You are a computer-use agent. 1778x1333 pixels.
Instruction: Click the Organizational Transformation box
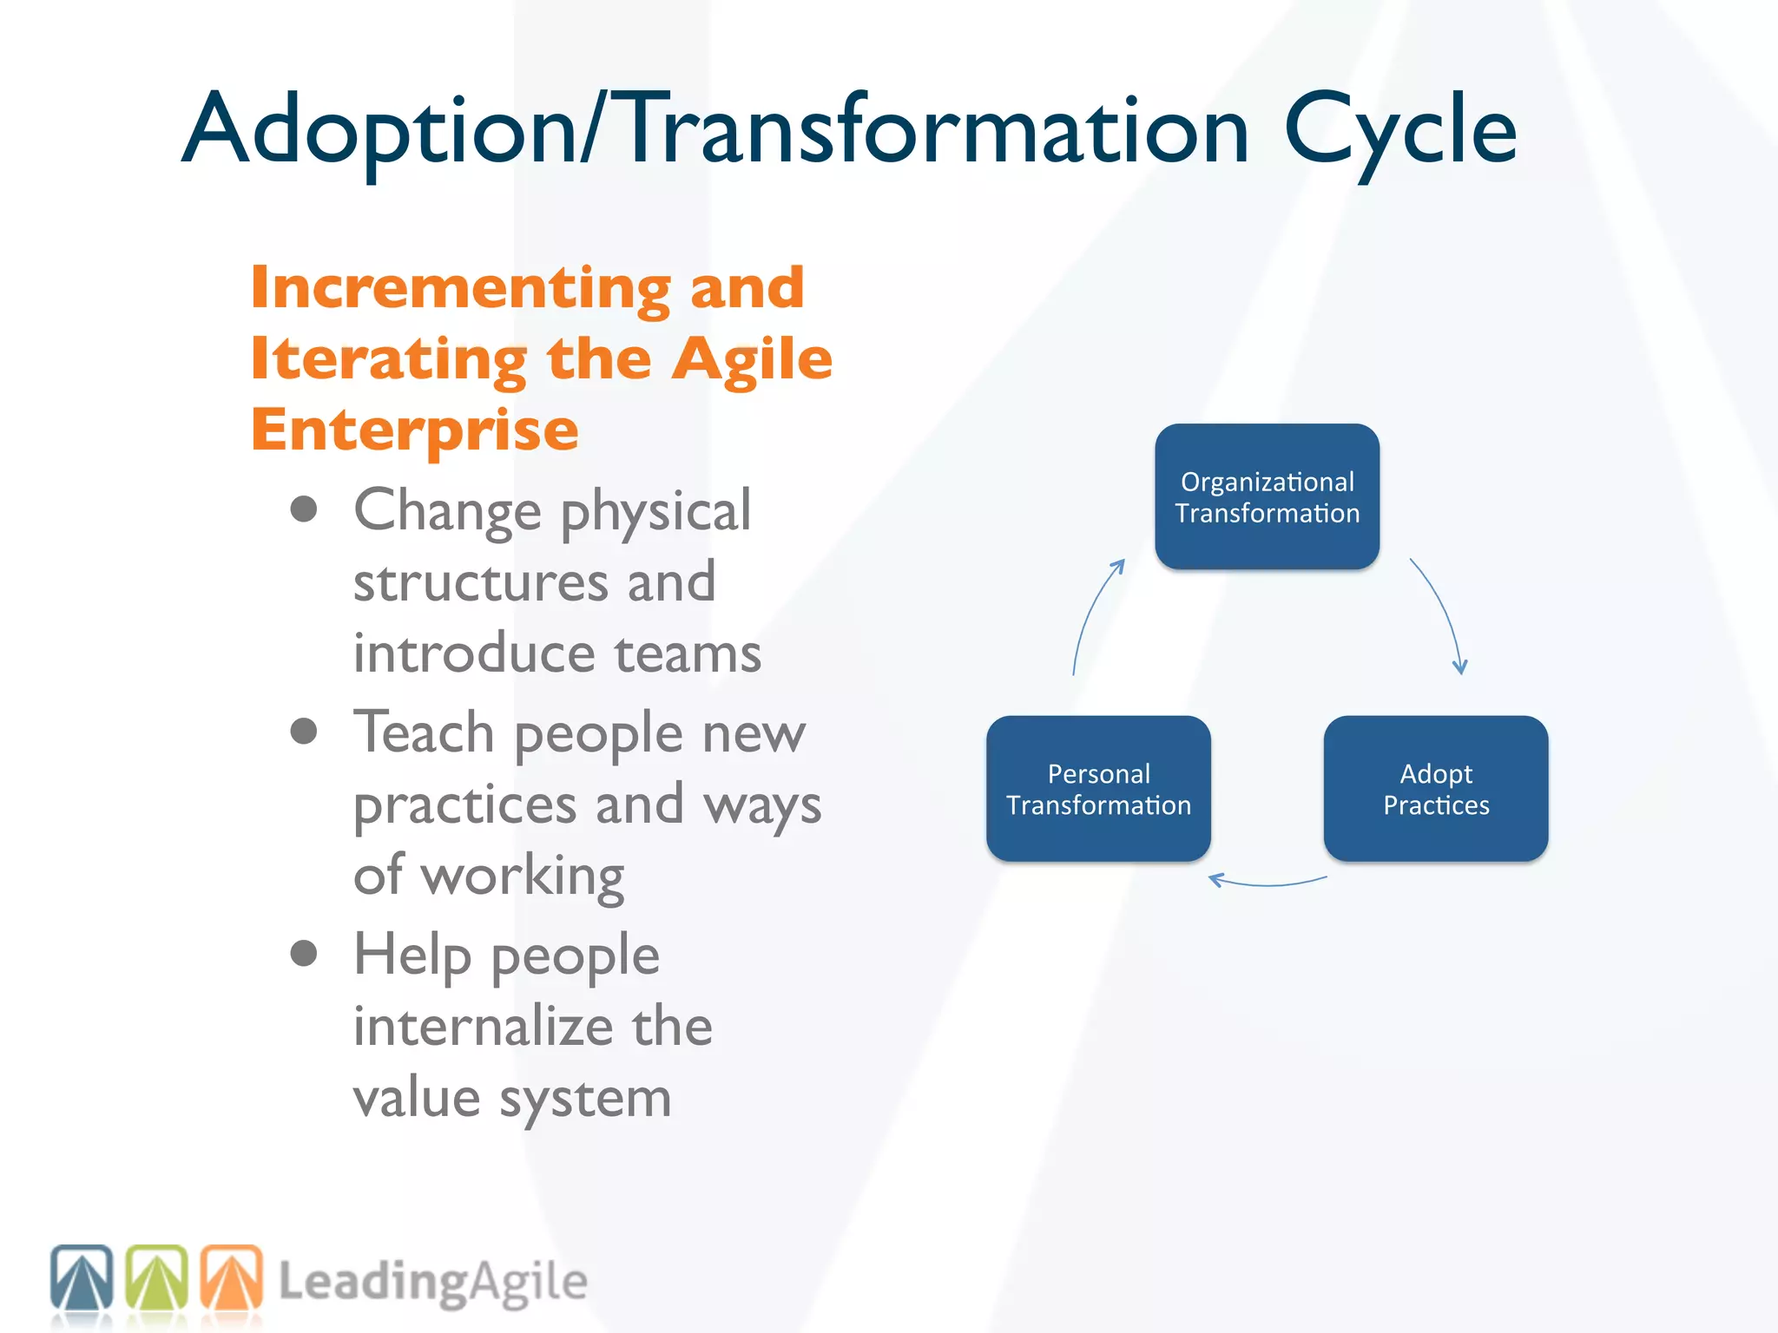coord(1267,496)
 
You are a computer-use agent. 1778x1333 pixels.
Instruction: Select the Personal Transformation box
coord(1098,788)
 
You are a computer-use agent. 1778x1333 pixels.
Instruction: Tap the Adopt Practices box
coord(1435,788)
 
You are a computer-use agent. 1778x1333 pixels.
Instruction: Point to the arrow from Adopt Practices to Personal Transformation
coord(1267,883)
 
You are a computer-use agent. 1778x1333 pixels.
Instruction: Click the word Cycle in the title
coord(1399,130)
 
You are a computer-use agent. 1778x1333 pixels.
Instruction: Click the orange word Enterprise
coord(414,430)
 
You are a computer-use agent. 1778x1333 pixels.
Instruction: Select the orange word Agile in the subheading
coord(752,359)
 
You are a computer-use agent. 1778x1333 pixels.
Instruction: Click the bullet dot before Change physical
coord(304,509)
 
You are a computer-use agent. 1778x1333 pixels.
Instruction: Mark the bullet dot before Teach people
coord(304,732)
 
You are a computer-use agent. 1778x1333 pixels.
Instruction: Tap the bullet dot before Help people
coord(304,954)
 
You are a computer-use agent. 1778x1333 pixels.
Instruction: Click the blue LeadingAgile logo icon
coord(82,1277)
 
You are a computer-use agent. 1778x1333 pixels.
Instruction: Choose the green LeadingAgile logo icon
coord(157,1277)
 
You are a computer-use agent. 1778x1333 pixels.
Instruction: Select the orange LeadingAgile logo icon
coord(232,1277)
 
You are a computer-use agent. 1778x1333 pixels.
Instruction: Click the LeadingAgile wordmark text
coord(432,1282)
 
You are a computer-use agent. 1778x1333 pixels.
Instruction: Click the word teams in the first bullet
coord(688,653)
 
